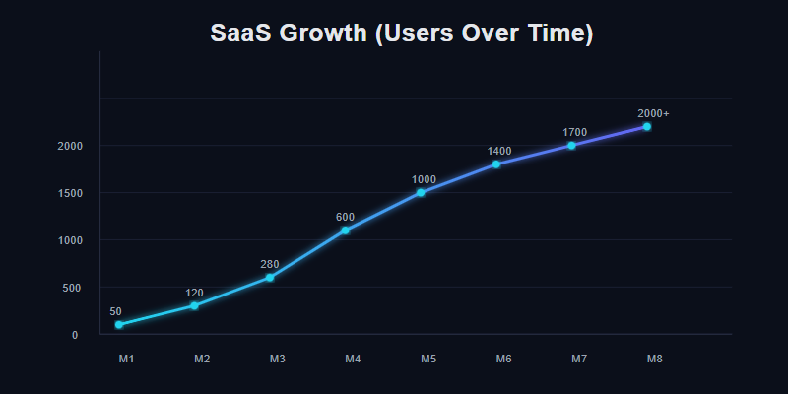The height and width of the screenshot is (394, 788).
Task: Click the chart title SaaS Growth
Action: [402, 33]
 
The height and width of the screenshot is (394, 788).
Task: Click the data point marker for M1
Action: [118, 324]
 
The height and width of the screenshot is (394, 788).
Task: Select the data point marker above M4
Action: [345, 230]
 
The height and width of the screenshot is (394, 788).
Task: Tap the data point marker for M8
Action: [646, 126]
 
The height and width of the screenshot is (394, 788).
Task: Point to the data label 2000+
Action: [653, 113]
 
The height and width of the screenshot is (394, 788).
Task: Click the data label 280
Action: [270, 264]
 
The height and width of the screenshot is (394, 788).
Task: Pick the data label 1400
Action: [499, 151]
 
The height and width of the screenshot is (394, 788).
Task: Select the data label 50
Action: [116, 311]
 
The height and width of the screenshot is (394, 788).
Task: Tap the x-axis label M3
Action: [278, 360]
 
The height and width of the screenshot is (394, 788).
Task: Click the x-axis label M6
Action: [503, 360]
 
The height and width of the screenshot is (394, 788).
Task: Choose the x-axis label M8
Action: [654, 360]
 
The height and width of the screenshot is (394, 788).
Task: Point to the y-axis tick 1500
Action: [69, 193]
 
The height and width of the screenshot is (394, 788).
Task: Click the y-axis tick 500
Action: [72, 288]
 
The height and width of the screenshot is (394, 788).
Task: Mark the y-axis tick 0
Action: [75, 335]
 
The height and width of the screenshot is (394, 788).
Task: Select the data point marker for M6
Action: [495, 164]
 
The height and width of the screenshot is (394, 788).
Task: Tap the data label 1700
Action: [575, 132]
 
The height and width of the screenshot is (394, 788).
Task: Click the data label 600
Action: [345, 217]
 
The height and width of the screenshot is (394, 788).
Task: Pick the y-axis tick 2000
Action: [69, 146]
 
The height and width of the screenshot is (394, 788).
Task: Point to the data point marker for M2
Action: [194, 305]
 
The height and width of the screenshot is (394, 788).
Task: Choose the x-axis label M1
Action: [126, 360]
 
